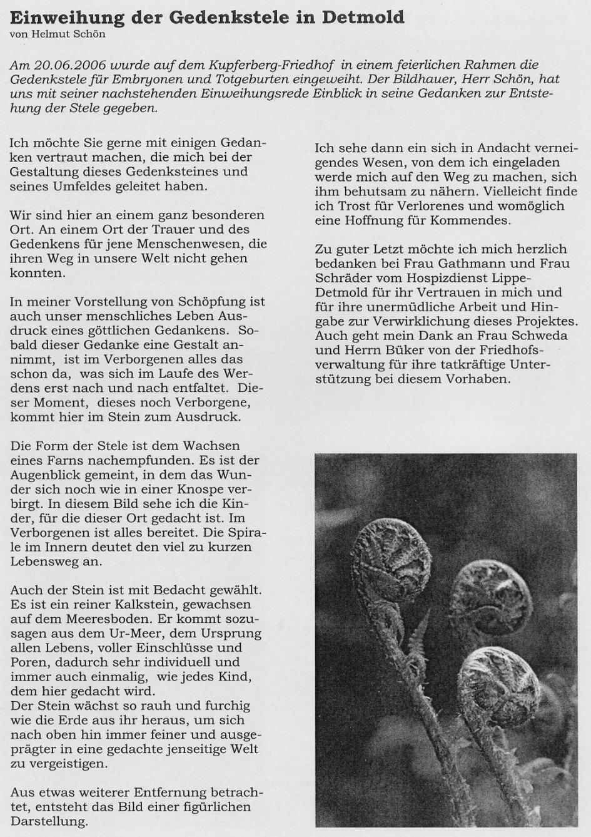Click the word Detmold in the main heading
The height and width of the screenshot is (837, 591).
pos(363,17)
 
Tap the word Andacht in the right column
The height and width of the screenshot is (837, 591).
pos(502,148)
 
